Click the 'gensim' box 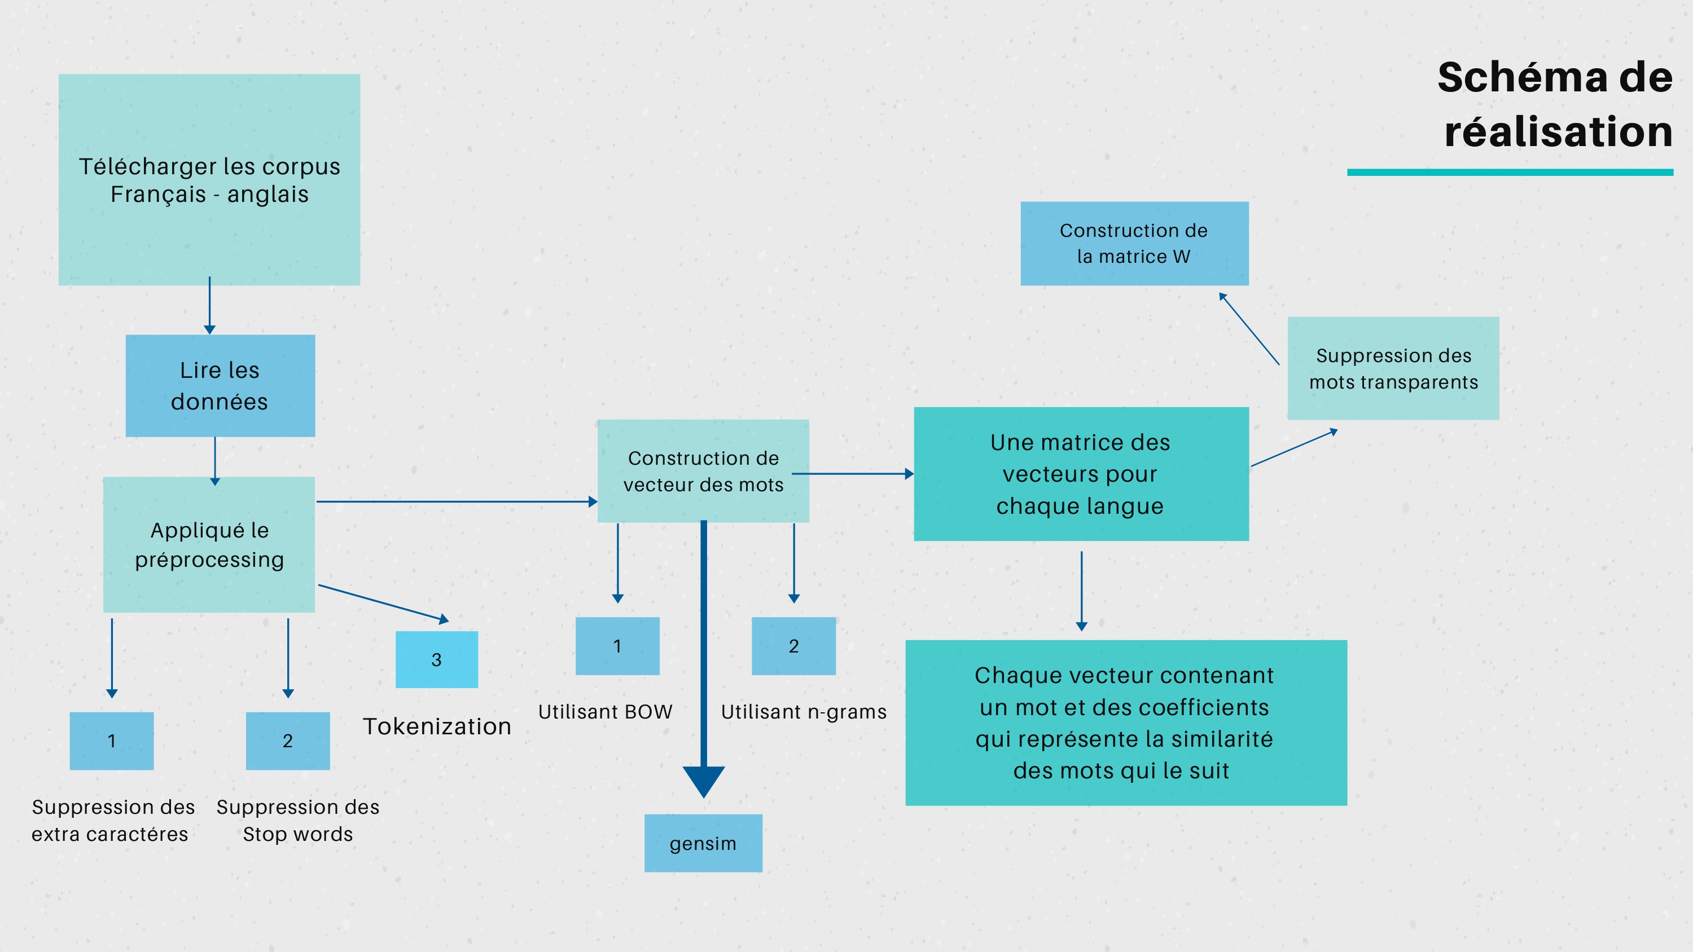pos(703,843)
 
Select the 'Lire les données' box pos(220,386)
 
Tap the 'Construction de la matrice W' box pos(1134,243)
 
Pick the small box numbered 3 pos(436,660)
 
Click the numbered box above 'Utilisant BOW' pos(617,646)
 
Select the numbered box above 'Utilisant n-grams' pos(794,646)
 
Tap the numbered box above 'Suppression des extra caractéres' pos(112,741)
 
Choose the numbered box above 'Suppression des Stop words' pos(288,741)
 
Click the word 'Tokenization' pos(437,726)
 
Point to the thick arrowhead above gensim pos(703,781)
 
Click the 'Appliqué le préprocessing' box pos(209,545)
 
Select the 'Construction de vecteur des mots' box pos(703,471)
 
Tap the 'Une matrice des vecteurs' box pos(1081,474)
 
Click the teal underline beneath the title pos(1510,172)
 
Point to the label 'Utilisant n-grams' pos(804,712)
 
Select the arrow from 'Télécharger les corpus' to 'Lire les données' pos(210,306)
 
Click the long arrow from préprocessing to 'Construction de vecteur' pos(457,502)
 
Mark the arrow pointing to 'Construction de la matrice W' pos(1249,328)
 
